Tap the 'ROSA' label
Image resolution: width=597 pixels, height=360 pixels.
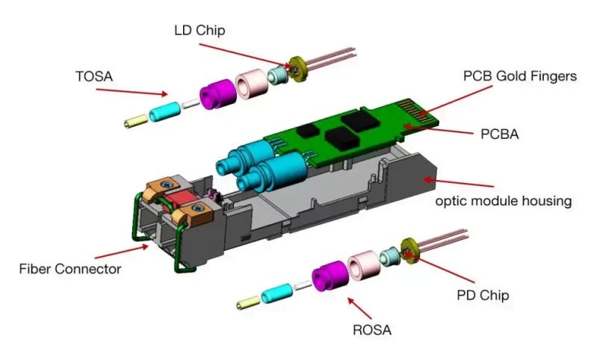(x=372, y=328)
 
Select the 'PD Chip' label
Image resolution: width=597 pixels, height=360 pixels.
(x=482, y=295)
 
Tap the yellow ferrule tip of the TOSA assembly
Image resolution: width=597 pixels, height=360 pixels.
(x=137, y=121)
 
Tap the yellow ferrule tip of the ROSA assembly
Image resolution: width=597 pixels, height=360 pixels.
(x=247, y=303)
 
